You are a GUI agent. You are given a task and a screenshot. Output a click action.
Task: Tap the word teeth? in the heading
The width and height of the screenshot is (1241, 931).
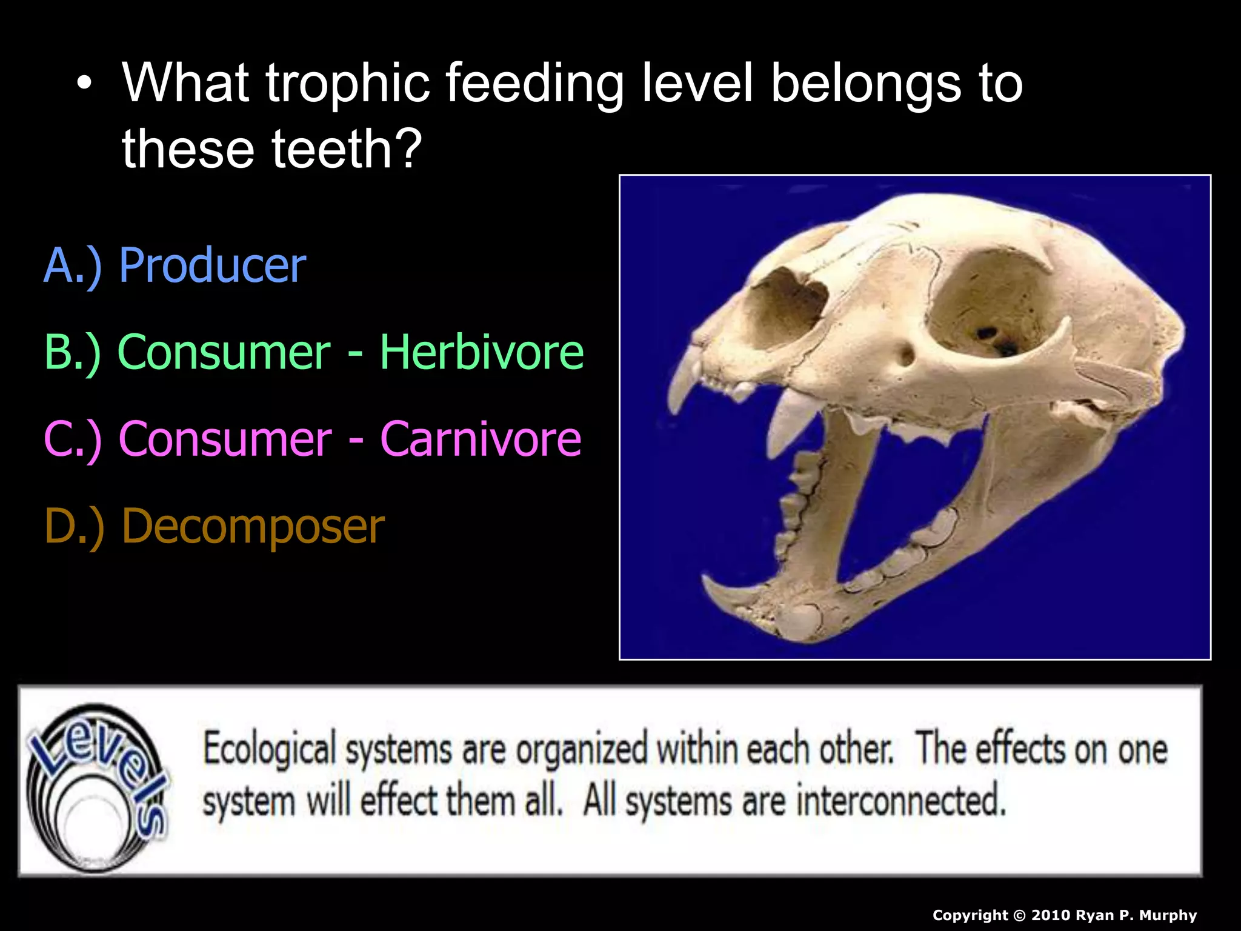(347, 149)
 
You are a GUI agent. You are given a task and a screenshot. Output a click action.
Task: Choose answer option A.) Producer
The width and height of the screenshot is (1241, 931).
(175, 265)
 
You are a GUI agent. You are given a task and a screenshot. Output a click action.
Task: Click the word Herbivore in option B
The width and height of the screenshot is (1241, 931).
(482, 352)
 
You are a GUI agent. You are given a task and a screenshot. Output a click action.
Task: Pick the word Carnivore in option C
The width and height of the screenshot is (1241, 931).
(481, 439)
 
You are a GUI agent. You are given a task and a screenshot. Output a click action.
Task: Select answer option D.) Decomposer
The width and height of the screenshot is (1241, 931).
(215, 526)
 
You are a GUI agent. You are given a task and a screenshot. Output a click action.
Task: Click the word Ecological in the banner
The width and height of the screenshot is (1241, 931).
(269, 749)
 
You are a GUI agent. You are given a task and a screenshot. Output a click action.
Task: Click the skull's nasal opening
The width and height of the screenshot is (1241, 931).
(788, 303)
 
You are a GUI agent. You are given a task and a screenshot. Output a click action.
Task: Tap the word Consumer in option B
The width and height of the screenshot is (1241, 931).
(224, 352)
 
